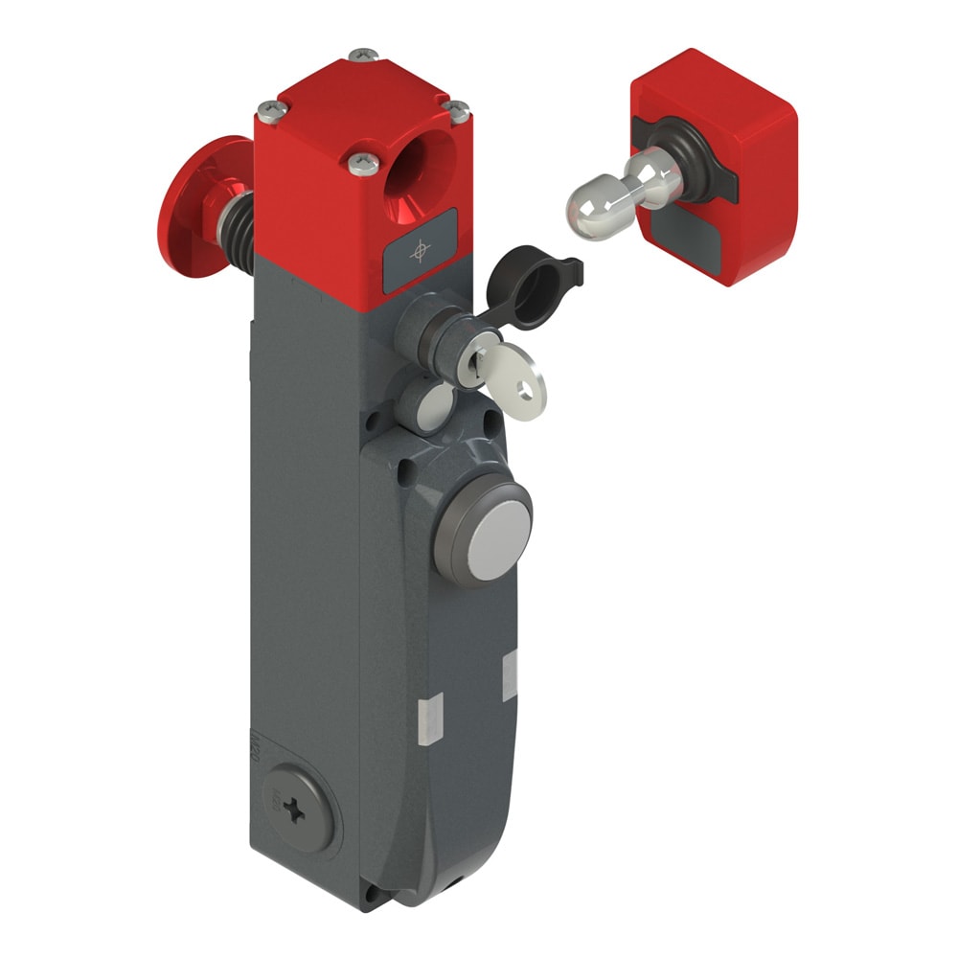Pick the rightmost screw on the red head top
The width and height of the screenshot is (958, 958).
tap(458, 108)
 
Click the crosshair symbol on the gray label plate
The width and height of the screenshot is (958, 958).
tap(418, 252)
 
